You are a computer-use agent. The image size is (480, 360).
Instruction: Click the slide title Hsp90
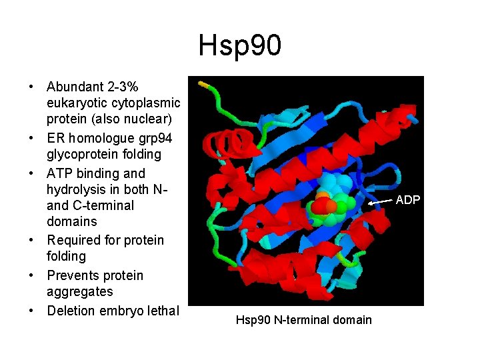[239, 46]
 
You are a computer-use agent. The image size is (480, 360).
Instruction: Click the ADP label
[408, 199]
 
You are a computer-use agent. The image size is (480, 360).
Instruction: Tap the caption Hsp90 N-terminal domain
[303, 320]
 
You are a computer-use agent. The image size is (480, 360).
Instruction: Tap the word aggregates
[80, 291]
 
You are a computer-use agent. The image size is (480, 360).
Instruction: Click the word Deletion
[71, 310]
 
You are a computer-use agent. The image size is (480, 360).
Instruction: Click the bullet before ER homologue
[31, 138]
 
